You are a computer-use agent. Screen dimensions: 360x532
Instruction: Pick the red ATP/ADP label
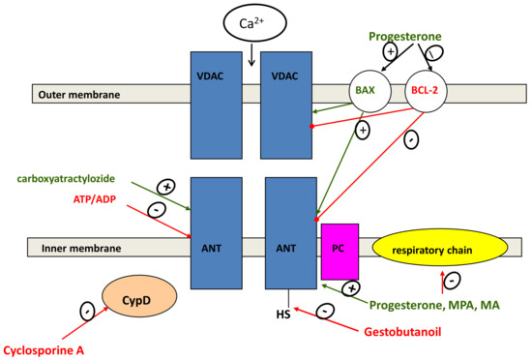coord(102,198)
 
